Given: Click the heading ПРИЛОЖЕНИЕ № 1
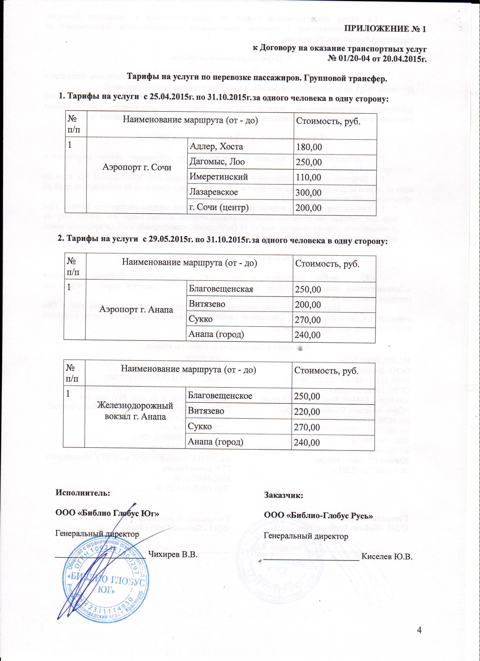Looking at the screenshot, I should click(385, 29).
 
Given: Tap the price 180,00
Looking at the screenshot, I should click(309, 147).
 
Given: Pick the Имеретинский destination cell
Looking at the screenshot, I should click(218, 177).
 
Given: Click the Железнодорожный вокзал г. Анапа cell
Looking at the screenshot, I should click(135, 410).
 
